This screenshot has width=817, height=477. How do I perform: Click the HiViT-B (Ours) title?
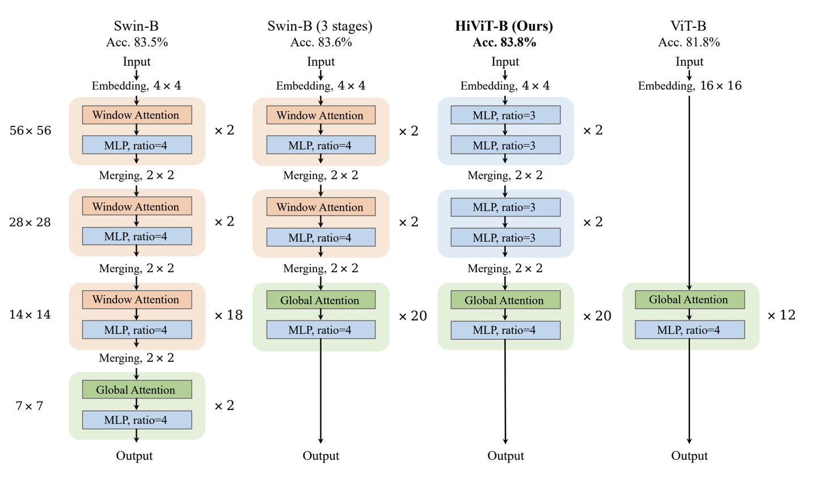504,26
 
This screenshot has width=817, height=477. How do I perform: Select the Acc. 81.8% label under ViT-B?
689,43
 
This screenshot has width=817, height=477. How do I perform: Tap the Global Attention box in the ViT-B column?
689,299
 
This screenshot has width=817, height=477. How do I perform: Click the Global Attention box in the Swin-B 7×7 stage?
137,390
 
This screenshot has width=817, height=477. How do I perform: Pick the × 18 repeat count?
229,315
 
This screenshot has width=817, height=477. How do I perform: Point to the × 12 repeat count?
781,315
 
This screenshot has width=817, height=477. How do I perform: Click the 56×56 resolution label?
30,130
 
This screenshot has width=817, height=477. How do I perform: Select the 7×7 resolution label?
30,406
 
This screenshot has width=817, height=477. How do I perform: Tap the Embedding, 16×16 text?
689,86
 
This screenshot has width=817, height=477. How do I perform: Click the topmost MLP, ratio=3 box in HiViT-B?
505,115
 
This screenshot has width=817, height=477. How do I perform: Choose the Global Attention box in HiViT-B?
505,300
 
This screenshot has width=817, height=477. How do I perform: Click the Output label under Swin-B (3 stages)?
321,456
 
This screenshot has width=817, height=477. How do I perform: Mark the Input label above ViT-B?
689,62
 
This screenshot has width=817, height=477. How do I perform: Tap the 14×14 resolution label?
30,315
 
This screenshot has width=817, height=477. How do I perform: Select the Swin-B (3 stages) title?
320,26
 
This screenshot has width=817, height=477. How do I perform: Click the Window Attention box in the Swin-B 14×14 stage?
137,299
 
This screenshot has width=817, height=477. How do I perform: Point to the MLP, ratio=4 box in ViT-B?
689,330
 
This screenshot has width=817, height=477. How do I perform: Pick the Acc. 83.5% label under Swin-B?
137,43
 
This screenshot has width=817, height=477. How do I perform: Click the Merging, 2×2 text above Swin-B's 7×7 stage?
137,358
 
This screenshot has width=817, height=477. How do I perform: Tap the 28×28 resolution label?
30,222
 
